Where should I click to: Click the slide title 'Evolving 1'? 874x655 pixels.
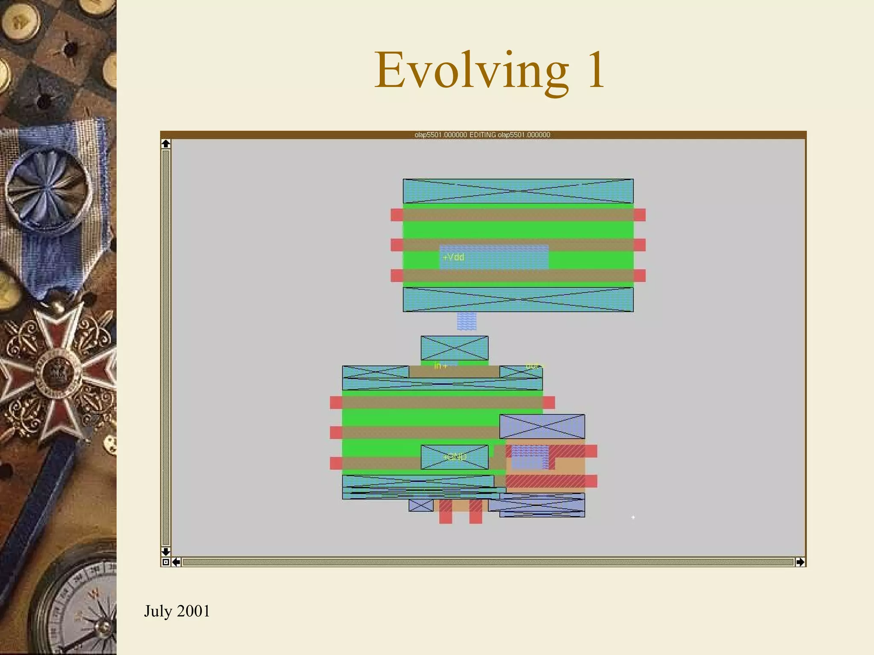[x=489, y=70]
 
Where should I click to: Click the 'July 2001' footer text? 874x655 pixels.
[x=177, y=611]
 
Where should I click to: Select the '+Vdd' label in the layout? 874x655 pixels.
[x=453, y=257]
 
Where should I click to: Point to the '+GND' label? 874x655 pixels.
[x=455, y=457]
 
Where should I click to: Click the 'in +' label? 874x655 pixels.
[x=440, y=366]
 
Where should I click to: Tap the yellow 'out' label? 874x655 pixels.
[x=534, y=366]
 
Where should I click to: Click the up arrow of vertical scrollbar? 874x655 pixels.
[x=166, y=144]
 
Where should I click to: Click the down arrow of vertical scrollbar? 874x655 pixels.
[x=166, y=551]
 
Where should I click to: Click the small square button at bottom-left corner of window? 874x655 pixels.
[x=166, y=562]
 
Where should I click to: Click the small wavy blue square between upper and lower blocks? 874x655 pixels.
[x=466, y=321]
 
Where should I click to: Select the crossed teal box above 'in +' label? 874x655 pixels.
[x=454, y=348]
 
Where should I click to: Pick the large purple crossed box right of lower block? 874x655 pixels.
[x=542, y=426]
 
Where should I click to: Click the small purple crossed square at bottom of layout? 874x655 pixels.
[x=421, y=505]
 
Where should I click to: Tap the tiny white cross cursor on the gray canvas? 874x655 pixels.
[x=633, y=517]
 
